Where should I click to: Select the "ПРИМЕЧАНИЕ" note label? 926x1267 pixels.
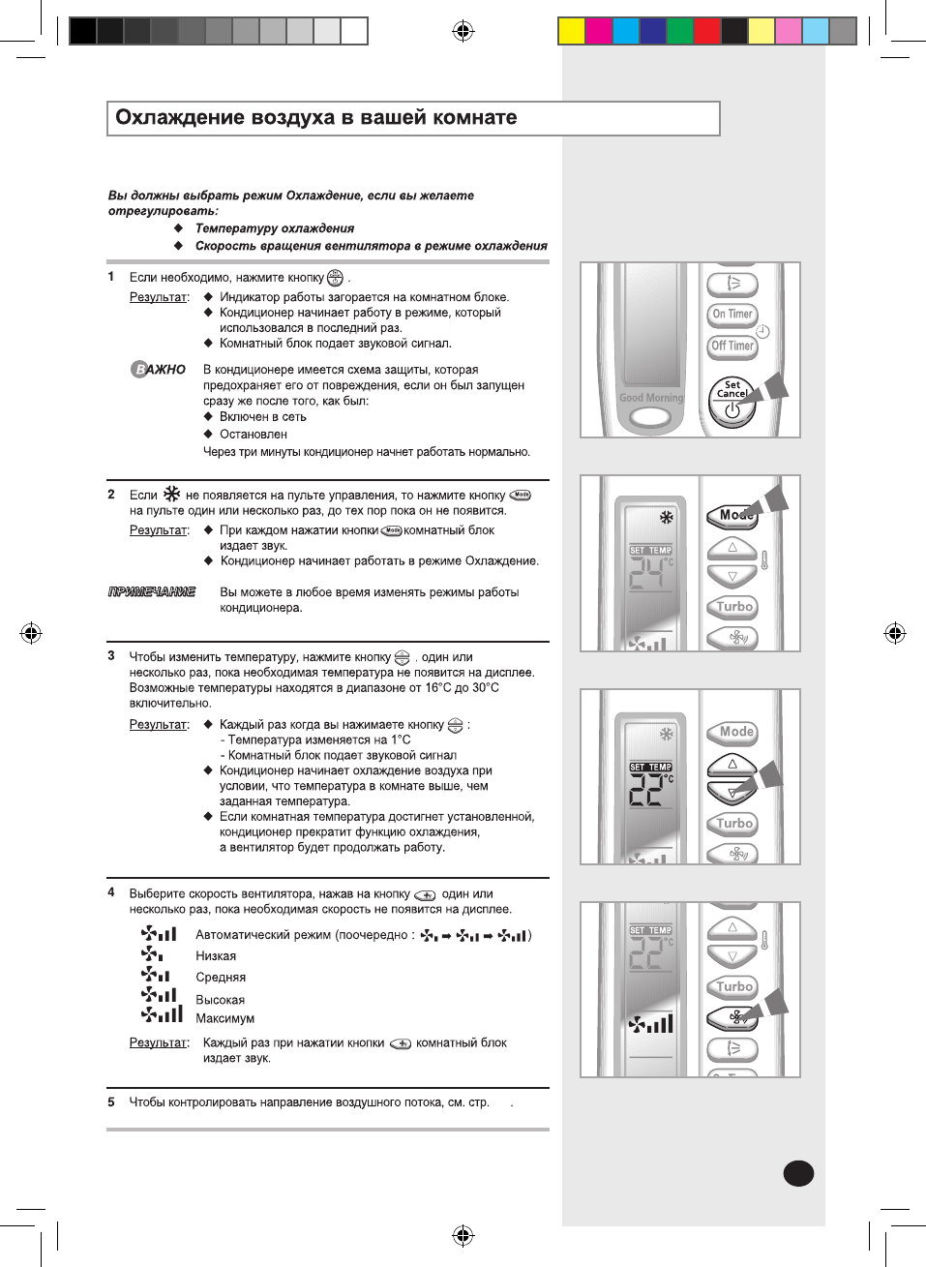(151, 591)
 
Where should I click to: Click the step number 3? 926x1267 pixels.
(111, 656)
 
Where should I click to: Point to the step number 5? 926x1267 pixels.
(111, 1101)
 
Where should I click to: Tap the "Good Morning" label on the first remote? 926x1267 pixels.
(650, 398)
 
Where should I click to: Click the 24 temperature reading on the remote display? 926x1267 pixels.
(645, 575)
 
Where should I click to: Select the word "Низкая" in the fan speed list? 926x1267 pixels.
(216, 956)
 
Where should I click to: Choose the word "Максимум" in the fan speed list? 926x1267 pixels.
(224, 1018)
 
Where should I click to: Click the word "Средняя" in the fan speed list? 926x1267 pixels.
(221, 978)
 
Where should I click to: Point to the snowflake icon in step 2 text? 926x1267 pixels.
(171, 494)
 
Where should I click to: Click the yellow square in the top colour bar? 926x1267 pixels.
(572, 31)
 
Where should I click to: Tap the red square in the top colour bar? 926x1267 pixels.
(707, 31)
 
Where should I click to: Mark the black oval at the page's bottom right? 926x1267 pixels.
(798, 1173)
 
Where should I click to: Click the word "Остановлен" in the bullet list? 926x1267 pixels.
(253, 435)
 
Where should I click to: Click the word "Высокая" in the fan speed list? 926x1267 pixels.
(220, 1000)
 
